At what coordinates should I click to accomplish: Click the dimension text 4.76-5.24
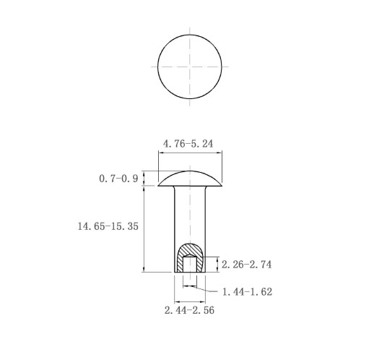click(x=188, y=144)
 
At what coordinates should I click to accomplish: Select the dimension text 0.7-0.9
click(x=118, y=179)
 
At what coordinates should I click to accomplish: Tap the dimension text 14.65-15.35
click(x=108, y=226)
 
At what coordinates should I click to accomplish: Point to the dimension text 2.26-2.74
click(x=246, y=265)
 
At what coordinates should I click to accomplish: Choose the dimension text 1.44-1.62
click(x=247, y=292)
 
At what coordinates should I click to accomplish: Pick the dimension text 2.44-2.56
click(x=189, y=310)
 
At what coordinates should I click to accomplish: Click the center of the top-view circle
click(x=190, y=67)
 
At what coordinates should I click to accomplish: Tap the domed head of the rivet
click(x=190, y=179)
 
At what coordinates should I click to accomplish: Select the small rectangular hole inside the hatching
click(x=190, y=265)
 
